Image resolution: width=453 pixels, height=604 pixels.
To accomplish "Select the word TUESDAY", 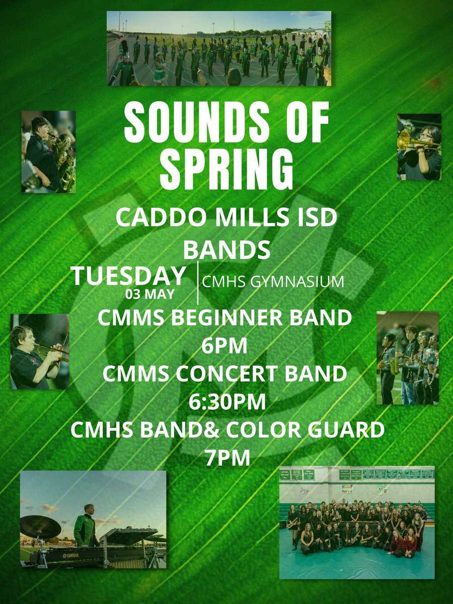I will pos(128,276).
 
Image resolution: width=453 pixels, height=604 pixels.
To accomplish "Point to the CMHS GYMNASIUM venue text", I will pos(273,282).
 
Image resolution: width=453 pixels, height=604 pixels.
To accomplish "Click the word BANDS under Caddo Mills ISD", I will pos(226,249).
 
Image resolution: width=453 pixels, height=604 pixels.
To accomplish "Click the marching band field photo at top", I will pos(219,48).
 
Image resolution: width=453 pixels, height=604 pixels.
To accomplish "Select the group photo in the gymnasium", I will pos(356,522).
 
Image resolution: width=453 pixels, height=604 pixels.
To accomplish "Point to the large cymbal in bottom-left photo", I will pos(40,526).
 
